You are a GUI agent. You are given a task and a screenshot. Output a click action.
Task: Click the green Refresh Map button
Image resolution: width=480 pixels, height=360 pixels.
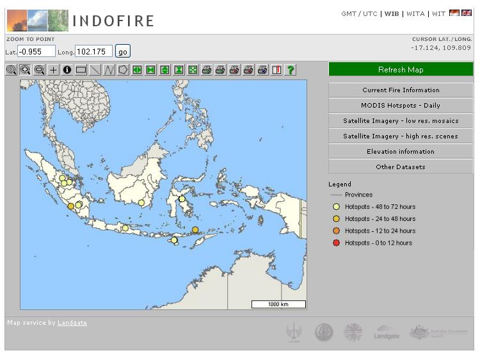[x=401, y=69]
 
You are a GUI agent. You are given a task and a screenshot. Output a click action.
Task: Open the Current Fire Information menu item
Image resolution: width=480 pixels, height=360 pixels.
[x=401, y=90]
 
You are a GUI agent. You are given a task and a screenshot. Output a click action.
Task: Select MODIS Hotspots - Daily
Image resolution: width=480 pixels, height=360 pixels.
[x=401, y=106]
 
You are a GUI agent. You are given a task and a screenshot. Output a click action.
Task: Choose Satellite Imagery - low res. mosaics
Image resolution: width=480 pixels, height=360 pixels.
[x=401, y=121]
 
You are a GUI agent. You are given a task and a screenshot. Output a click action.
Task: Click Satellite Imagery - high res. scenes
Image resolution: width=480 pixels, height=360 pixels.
[x=401, y=136]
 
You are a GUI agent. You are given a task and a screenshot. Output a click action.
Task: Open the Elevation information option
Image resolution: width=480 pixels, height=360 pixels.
[x=401, y=152]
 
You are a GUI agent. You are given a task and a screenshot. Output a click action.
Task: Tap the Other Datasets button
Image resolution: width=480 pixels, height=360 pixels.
[x=401, y=167]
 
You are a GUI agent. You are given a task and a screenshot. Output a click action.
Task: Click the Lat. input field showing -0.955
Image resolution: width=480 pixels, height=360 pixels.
[x=36, y=51]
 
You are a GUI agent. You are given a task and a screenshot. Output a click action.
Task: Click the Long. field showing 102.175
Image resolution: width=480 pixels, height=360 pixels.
[x=93, y=51]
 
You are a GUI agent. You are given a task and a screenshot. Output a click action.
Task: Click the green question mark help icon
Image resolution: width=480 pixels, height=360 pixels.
[x=290, y=70]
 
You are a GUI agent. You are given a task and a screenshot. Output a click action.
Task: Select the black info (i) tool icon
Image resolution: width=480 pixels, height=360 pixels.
[x=67, y=70]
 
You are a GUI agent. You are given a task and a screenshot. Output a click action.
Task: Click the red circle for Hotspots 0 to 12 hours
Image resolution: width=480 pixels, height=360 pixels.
[x=336, y=243]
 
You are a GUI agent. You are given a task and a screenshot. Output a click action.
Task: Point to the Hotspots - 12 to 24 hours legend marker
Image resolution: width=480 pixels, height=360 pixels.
[x=336, y=231]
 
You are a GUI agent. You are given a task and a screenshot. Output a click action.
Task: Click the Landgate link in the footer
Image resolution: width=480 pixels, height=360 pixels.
[x=72, y=323]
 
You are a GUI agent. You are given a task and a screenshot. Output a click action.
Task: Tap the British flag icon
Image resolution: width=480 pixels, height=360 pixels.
[x=467, y=13]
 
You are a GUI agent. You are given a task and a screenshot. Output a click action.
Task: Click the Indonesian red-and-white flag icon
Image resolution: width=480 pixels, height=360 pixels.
[x=454, y=13]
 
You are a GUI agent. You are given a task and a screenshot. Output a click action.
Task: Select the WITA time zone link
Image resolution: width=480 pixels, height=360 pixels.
[x=415, y=14]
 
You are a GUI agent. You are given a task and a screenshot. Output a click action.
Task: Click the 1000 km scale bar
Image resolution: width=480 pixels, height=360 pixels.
[x=278, y=304]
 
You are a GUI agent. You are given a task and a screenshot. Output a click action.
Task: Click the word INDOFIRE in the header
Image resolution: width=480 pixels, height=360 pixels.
[x=113, y=21]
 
